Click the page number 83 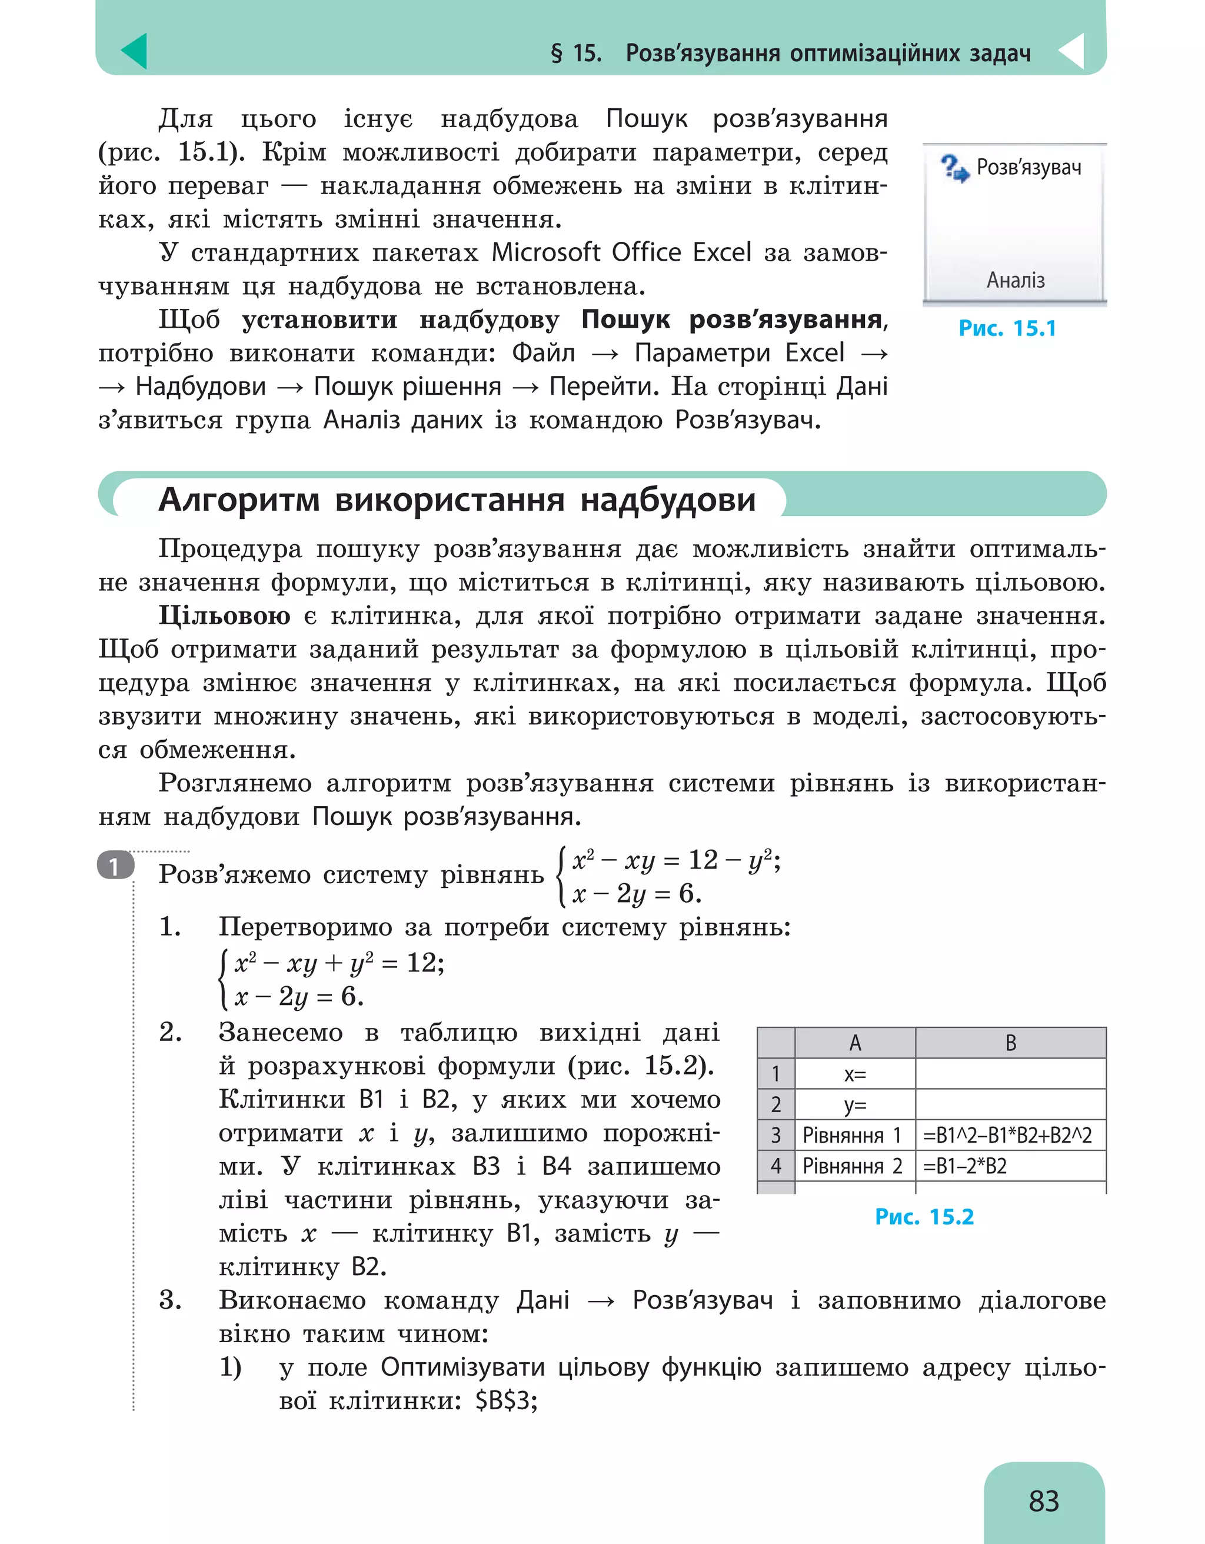tap(1043, 1501)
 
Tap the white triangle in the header tap(1073, 51)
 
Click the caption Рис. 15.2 tap(924, 1217)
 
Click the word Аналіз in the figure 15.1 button tap(1016, 281)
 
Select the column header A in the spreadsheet tap(854, 1043)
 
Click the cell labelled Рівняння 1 tap(853, 1136)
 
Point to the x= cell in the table tap(854, 1074)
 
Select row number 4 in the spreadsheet tap(775, 1166)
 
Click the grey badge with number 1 tap(115, 866)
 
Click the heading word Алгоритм tap(239, 500)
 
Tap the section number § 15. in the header tap(575, 53)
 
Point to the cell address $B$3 tap(506, 1400)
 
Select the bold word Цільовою tap(225, 615)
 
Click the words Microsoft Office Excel tap(621, 253)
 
